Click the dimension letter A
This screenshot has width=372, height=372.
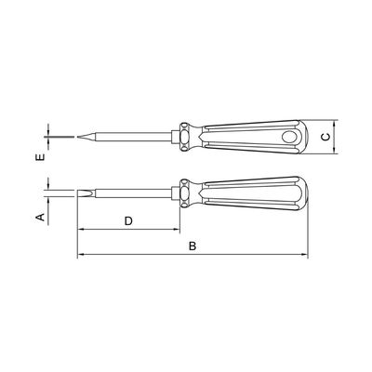coord(41,217)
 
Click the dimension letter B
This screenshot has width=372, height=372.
coord(193,246)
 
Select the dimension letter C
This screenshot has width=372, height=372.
coord(325,137)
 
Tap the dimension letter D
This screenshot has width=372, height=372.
coord(128,221)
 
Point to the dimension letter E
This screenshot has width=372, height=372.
coord(41,156)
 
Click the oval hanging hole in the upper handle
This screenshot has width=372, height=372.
coord(289,137)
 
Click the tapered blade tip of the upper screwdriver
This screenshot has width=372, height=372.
coord(86,137)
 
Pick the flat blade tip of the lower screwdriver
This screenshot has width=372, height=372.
coord(86,193)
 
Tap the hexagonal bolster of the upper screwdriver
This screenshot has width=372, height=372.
coord(176,137)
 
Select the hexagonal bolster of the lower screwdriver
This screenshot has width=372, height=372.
coord(176,193)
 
